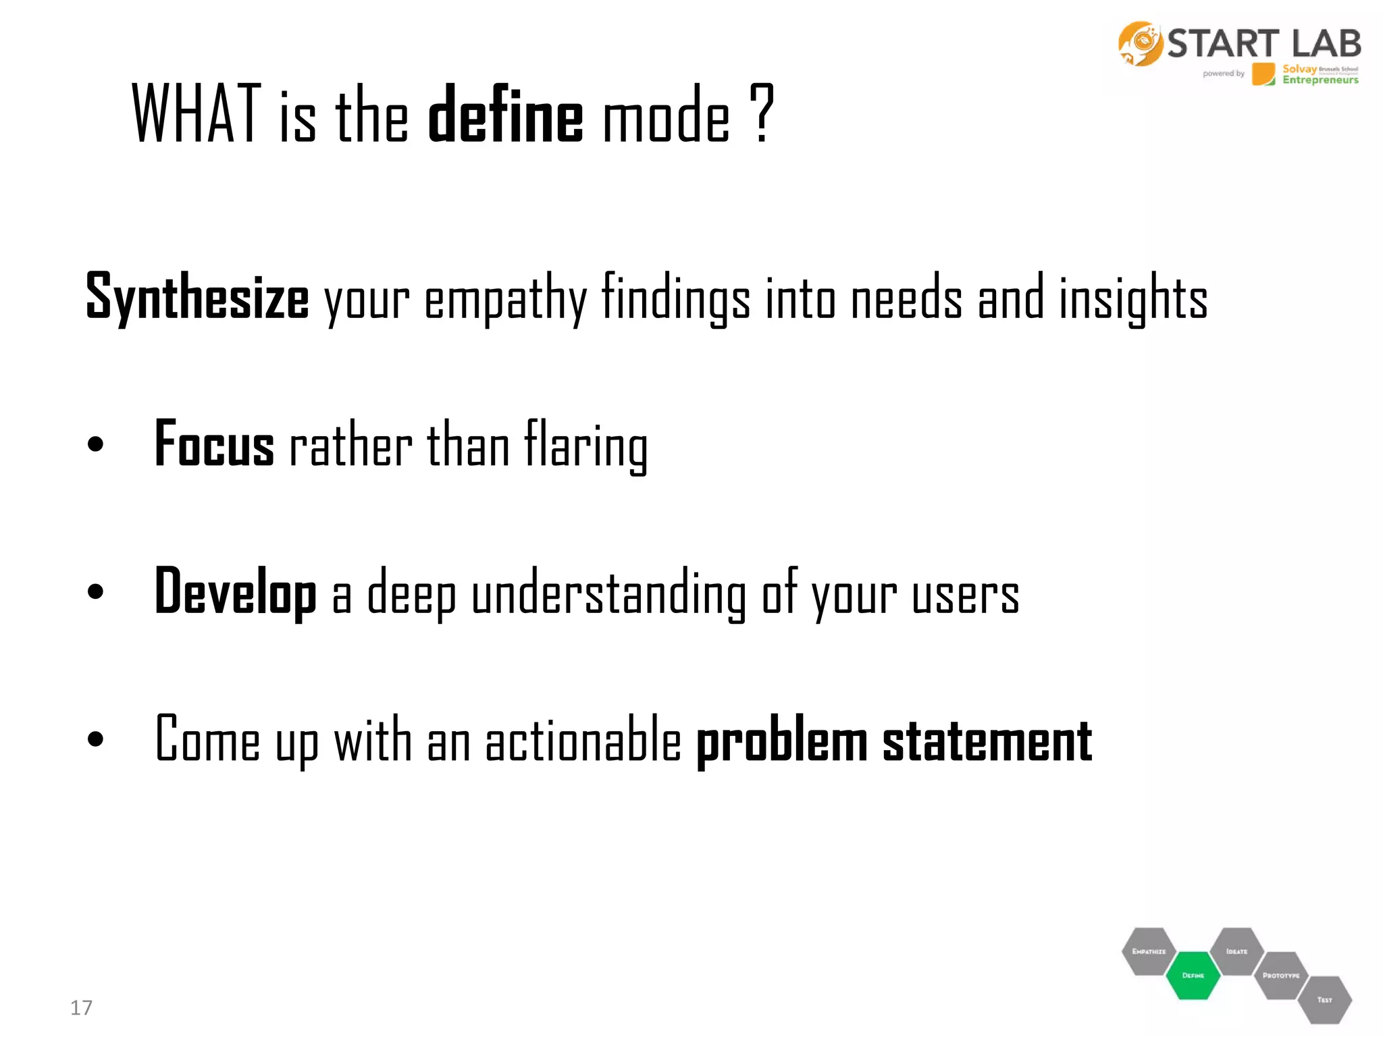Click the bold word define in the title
[505, 115]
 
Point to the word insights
[1132, 298]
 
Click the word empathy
[505, 298]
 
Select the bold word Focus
[214, 445]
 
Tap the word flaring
[585, 445]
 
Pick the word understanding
[608, 593]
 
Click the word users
[965, 594]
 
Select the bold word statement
[987, 741]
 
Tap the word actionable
[583, 741]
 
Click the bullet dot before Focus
[95, 444]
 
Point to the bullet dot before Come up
[95, 739]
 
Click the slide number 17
[81, 1007]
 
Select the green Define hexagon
[1193, 975]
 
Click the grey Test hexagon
[1324, 1000]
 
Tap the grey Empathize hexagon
[1149, 951]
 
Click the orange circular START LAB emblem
[1140, 44]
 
